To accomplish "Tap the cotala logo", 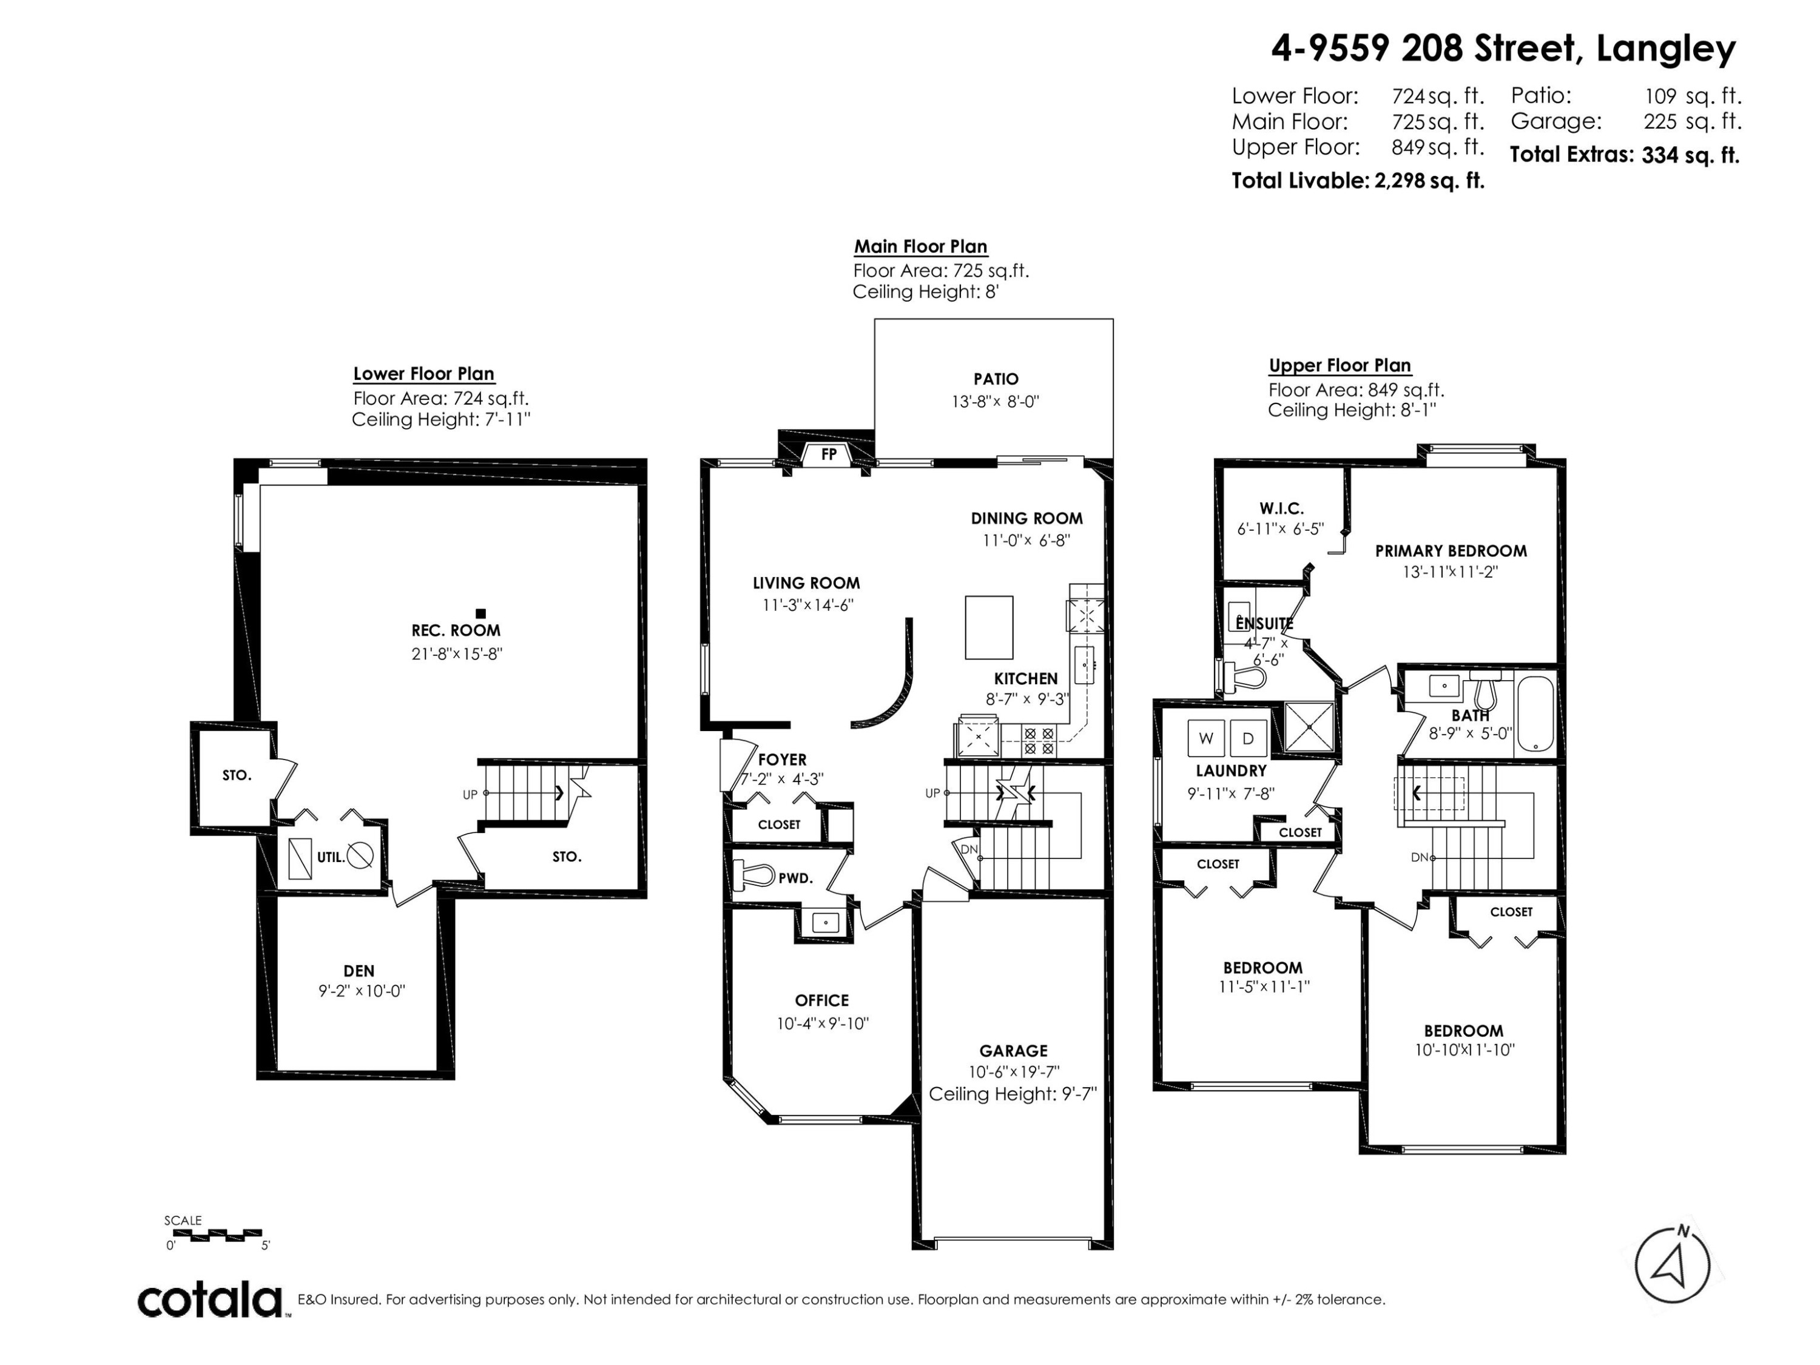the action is pyautogui.click(x=210, y=1301).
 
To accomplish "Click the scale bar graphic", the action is pyautogui.click(x=215, y=1234).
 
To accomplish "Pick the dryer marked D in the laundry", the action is pyautogui.click(x=1248, y=738).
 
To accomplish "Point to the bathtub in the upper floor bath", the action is pyautogui.click(x=1534, y=713).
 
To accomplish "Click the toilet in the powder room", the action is pyautogui.click(x=753, y=874).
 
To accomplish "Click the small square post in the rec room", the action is pyautogui.click(x=481, y=613).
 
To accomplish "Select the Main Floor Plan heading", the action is pyautogui.click(x=921, y=246).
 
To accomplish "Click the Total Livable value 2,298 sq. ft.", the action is pyautogui.click(x=1429, y=181).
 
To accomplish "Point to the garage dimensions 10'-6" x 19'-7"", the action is pyautogui.click(x=1014, y=1071).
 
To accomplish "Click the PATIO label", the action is pyautogui.click(x=996, y=379).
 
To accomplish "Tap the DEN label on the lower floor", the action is pyautogui.click(x=359, y=971).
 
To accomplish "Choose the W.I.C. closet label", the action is pyautogui.click(x=1281, y=508).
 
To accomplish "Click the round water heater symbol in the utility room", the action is pyautogui.click(x=360, y=855).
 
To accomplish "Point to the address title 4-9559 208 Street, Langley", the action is pyautogui.click(x=1503, y=49).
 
